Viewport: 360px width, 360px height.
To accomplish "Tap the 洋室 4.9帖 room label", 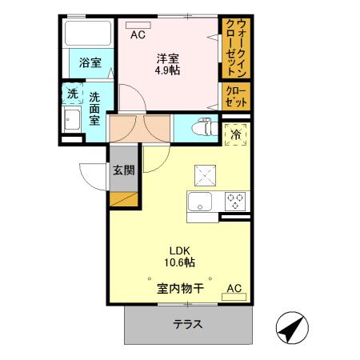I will pyautogui.click(x=167, y=64).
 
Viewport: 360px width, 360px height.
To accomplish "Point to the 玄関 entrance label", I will pyautogui.click(x=122, y=170).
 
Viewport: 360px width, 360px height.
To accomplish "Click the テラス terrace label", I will pyautogui.click(x=188, y=325).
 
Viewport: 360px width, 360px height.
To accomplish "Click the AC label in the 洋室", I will pyautogui.click(x=138, y=34).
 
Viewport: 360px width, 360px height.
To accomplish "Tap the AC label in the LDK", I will pyautogui.click(x=234, y=288).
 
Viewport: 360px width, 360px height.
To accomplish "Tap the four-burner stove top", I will pyautogui.click(x=236, y=201).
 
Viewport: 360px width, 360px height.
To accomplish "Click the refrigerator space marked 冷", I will pyautogui.click(x=236, y=135).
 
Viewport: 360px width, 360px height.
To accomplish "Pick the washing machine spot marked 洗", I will pyautogui.click(x=72, y=94).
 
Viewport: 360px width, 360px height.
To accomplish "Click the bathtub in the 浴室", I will pyautogui.click(x=87, y=34).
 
